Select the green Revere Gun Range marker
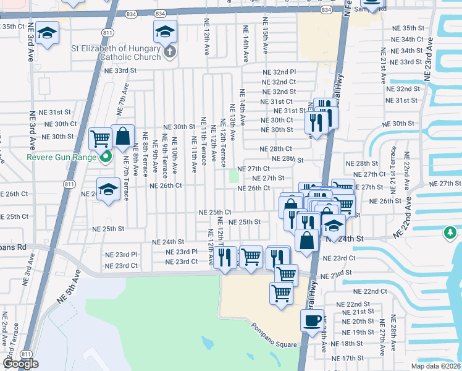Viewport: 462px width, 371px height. pyautogui.click(x=106, y=157)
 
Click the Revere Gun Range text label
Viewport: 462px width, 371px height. pyautogui.click(x=62, y=157)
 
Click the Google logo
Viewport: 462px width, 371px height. pyautogui.click(x=20, y=364)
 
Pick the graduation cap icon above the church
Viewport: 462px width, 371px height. pyautogui.click(x=165, y=32)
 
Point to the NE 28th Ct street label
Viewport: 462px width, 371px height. pyautogui.click(x=275, y=149)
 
